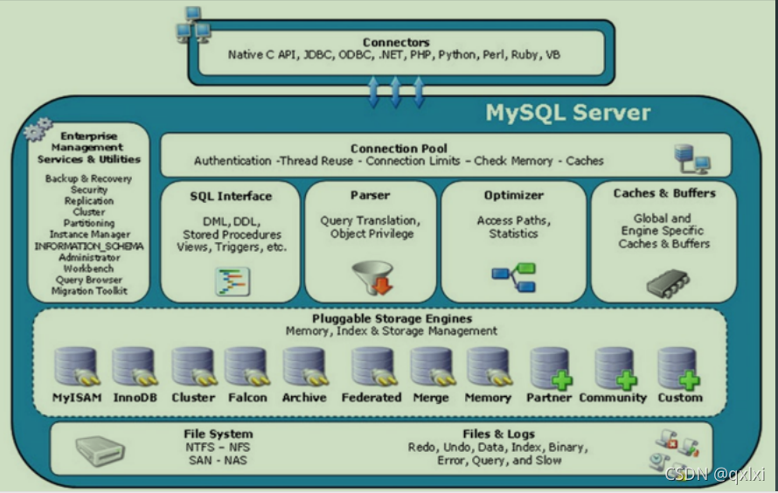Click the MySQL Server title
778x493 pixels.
click(568, 113)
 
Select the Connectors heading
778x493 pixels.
click(396, 42)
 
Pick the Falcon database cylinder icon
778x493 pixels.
click(247, 367)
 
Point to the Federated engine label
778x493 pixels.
click(372, 398)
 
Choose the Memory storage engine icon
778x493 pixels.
click(488, 367)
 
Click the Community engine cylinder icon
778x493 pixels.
click(615, 367)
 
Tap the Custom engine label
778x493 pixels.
click(680, 398)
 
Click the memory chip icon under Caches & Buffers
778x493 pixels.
click(667, 282)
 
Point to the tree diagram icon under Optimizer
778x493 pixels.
click(514, 278)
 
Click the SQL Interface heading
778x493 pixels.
click(231, 197)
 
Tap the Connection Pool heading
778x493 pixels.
click(399, 149)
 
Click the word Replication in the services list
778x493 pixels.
click(89, 201)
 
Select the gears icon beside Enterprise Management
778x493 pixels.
click(38, 132)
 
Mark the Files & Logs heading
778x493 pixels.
click(498, 434)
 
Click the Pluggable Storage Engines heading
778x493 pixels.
click(392, 319)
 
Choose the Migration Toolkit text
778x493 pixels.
click(89, 291)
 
